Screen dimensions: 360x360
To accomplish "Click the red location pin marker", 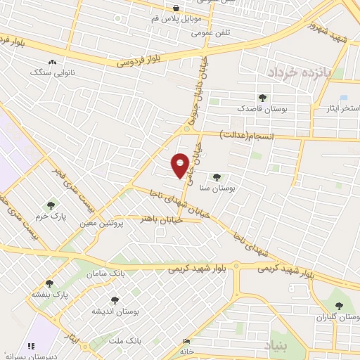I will [181, 165].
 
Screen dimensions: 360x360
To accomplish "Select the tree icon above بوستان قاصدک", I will [263, 98].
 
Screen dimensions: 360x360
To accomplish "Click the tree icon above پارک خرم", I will [51, 205].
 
